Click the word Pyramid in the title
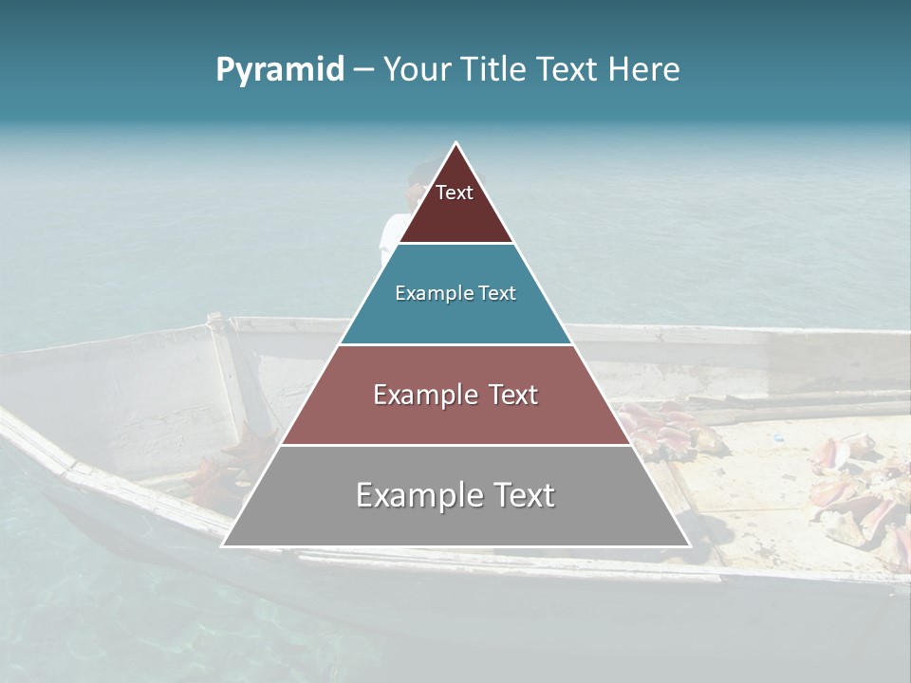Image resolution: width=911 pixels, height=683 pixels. point(279,70)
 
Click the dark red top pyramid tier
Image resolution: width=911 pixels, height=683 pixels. point(455,216)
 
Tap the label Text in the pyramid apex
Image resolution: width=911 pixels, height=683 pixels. point(455,193)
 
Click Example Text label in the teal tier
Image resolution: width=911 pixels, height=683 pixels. point(455,293)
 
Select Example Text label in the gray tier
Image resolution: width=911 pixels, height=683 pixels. point(455,495)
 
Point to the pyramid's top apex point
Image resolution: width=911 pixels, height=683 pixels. point(456,143)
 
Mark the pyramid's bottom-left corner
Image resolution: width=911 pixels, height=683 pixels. point(222,545)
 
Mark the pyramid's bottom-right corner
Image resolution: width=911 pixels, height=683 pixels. point(690,545)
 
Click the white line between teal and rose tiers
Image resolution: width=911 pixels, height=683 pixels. point(455,344)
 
